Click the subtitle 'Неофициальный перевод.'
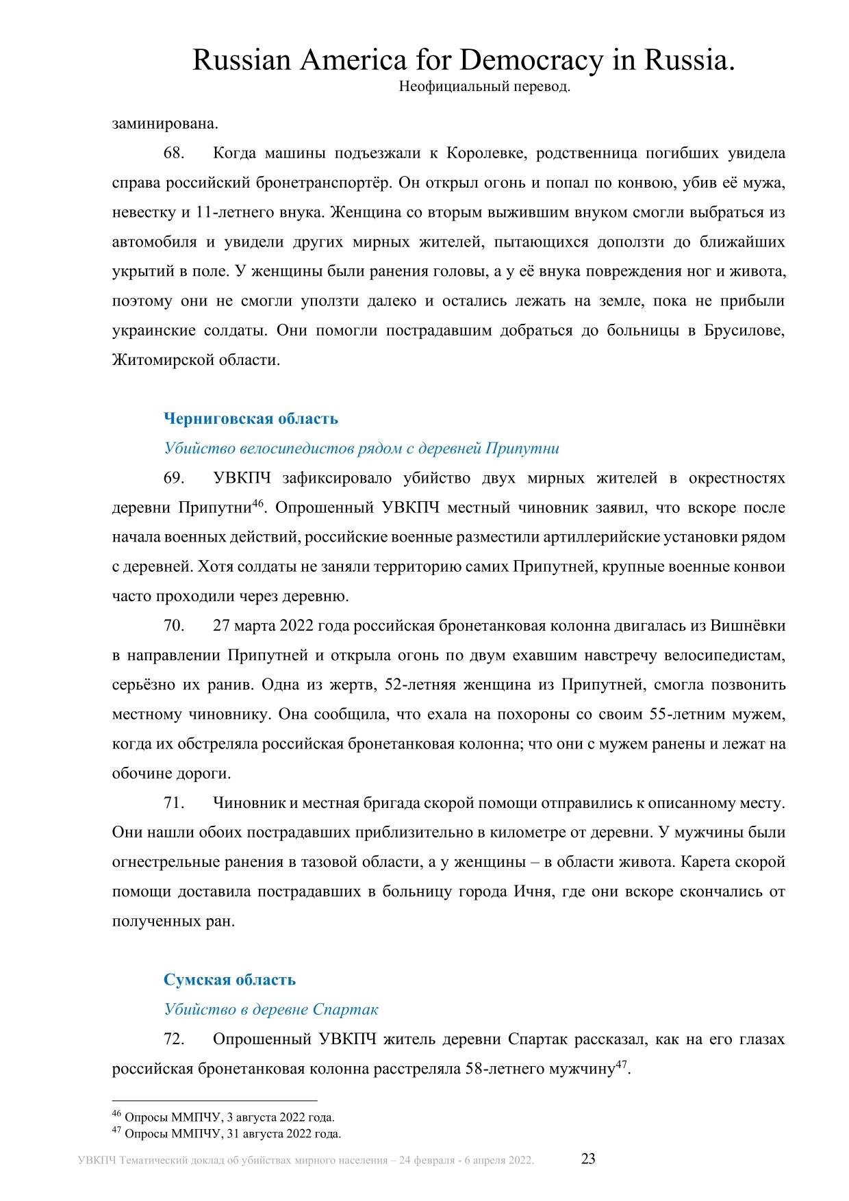pos(484,88)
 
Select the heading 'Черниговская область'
pos(251,418)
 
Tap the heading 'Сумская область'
pos(229,980)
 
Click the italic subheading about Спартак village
pos(270,1009)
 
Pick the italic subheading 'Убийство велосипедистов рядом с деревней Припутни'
pos(362,448)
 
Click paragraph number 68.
pos(174,153)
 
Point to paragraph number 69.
pos(174,478)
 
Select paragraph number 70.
pos(174,626)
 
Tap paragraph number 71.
pos(174,802)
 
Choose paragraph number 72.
pos(174,1039)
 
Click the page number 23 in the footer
pos(588,1159)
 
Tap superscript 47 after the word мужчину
pos(621,1064)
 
